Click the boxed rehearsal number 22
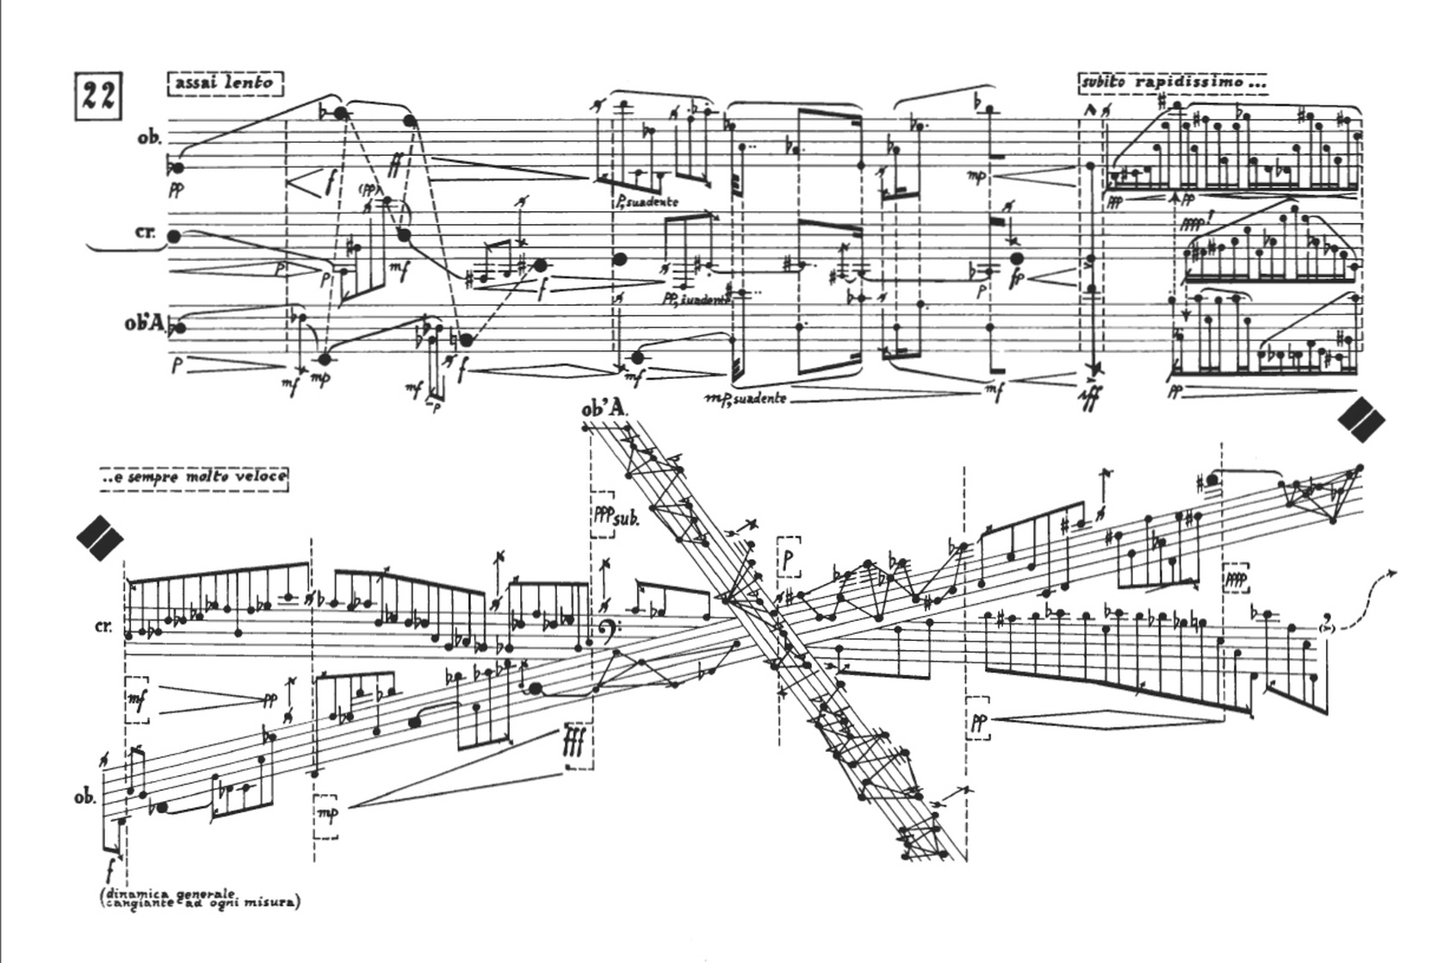(x=97, y=96)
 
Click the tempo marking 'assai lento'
(x=226, y=84)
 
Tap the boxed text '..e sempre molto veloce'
(x=195, y=477)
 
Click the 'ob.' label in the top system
(x=149, y=138)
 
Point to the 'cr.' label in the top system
(x=146, y=233)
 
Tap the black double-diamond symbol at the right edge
(x=1361, y=419)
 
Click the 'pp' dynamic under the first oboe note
(x=177, y=191)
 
